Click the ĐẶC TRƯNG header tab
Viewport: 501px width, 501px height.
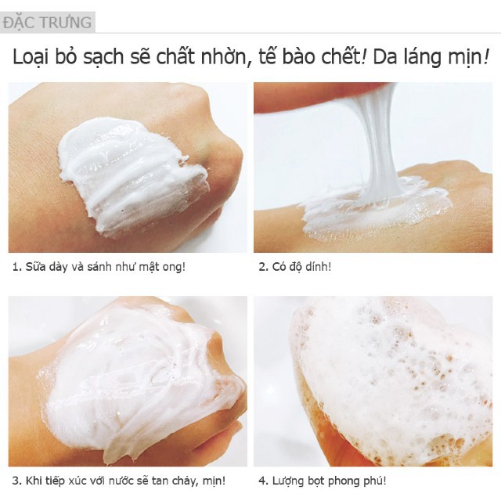(47, 22)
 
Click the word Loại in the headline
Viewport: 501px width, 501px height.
(38, 57)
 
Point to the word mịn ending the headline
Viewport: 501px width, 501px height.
(469, 57)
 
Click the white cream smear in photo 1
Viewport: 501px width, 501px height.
(129, 172)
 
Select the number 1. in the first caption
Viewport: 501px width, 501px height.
(17, 267)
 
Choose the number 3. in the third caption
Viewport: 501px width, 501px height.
(17, 480)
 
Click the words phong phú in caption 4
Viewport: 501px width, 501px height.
(355, 480)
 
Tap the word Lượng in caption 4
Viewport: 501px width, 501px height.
(289, 480)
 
